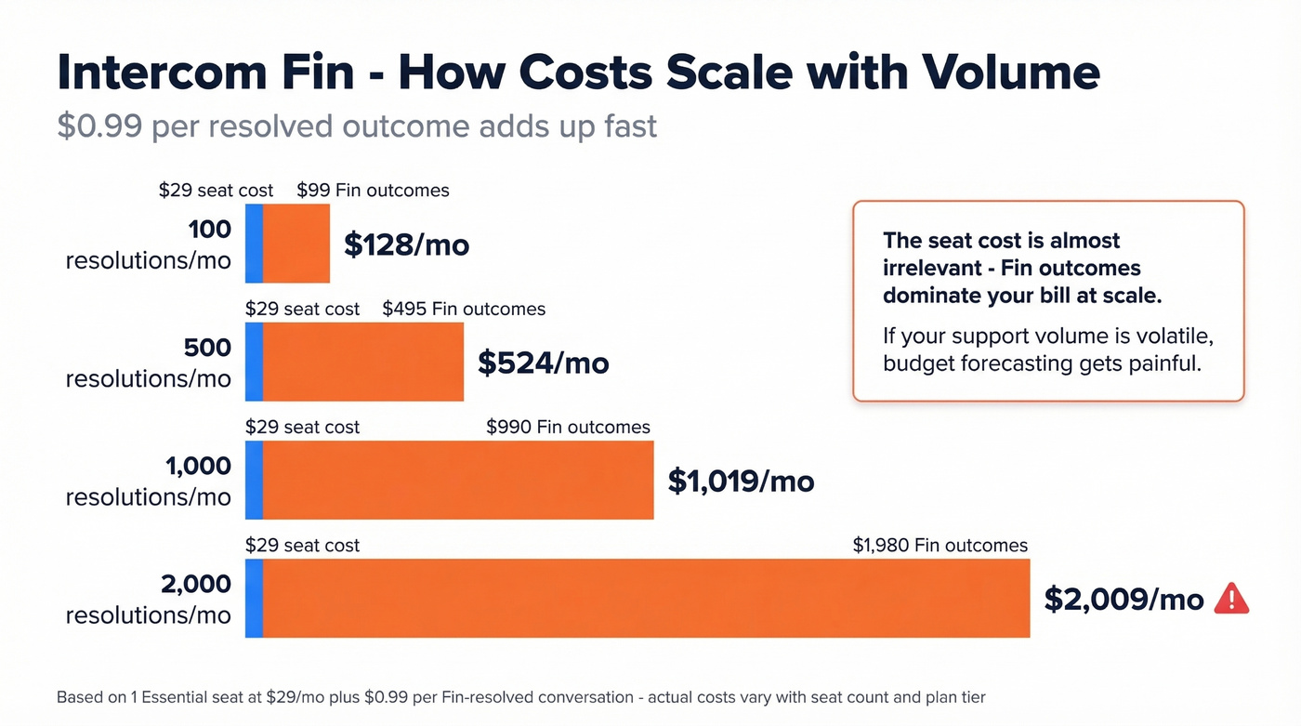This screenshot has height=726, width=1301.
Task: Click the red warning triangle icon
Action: [x=1231, y=599]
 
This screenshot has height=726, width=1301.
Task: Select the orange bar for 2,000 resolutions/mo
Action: [x=646, y=599]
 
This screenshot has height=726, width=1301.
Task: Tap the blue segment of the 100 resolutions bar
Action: [x=254, y=244]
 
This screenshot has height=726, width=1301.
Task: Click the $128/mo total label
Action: [x=406, y=244]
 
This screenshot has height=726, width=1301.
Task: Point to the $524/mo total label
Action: [x=543, y=363]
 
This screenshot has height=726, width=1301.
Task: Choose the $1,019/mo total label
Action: [x=741, y=481]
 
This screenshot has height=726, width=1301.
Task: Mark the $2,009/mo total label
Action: [x=1124, y=600]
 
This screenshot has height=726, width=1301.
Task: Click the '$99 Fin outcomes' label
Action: [x=373, y=191]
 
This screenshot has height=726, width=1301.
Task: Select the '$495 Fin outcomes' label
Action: [x=464, y=309]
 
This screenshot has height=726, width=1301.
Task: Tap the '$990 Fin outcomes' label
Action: [x=568, y=427]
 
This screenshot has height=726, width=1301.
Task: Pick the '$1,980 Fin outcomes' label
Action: [x=940, y=546]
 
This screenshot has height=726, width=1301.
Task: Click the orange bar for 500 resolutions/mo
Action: [x=363, y=363]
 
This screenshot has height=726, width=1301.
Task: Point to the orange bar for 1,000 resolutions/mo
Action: [x=458, y=481]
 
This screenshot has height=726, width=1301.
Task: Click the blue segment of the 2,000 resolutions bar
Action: [x=254, y=599]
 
